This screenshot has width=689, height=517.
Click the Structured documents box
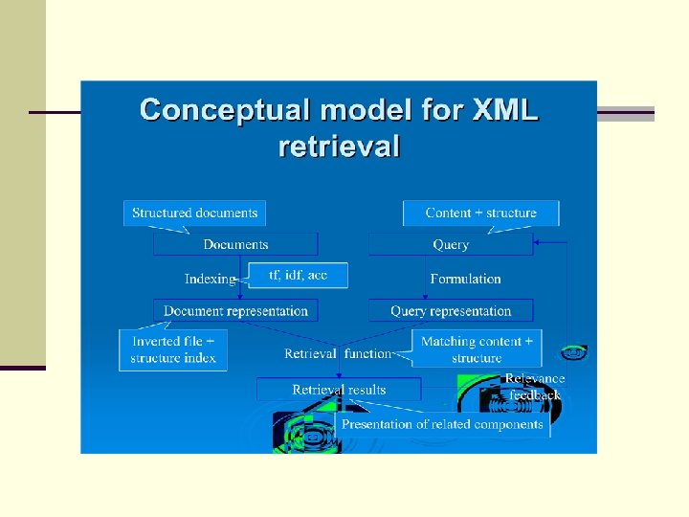194,213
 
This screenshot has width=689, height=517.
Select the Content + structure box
480,213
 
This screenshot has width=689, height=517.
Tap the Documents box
235,244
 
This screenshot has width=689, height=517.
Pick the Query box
451,244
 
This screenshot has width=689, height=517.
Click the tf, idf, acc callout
298,276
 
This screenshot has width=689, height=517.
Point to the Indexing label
210,279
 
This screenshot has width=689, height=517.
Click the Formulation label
465,279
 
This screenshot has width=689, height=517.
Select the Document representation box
235,310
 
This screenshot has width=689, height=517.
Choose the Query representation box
451,310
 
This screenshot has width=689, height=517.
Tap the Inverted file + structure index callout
173,349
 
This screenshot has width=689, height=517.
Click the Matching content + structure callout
477,349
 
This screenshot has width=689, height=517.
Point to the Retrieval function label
338,353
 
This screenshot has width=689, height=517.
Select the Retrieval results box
339,389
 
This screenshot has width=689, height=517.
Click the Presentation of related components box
442,424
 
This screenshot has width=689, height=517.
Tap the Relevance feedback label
535,386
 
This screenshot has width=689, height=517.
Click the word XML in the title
505,110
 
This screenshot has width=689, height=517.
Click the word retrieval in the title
339,146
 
